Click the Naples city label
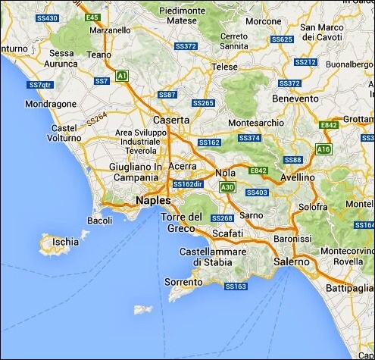pyautogui.click(x=152, y=200)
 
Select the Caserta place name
pyautogui.click(x=171, y=120)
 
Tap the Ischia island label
pyautogui.click(x=65, y=243)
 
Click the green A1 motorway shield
pyautogui.click(x=122, y=74)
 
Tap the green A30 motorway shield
pyautogui.click(x=226, y=186)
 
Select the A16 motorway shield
pyautogui.click(x=324, y=149)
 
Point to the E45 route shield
pyautogui.click(x=93, y=17)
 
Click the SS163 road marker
pyautogui.click(x=236, y=286)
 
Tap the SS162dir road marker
pyautogui.click(x=188, y=184)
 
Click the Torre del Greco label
pyautogui.click(x=182, y=223)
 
